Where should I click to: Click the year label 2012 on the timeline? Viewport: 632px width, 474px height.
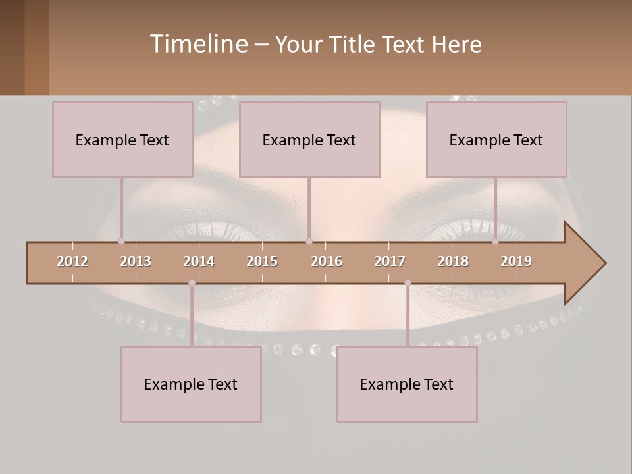point(72,261)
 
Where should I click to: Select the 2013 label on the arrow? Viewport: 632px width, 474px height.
point(136,261)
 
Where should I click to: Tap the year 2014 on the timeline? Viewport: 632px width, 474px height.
point(199,261)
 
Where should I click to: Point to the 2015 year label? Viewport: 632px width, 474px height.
point(262,261)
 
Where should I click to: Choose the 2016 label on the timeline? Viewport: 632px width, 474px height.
point(327,261)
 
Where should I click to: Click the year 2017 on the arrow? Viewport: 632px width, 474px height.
point(390,261)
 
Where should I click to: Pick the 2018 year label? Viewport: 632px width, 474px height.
point(453,261)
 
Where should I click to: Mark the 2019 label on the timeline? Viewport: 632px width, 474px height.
point(516,261)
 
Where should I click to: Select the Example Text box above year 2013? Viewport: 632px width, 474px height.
point(122,140)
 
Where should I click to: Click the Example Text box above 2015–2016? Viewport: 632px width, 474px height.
point(309,140)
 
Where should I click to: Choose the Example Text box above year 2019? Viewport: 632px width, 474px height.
point(496,140)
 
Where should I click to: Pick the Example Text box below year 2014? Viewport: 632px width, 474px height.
point(191,384)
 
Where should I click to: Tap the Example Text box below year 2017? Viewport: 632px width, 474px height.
point(407,384)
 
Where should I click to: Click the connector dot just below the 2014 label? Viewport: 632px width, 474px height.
point(192,283)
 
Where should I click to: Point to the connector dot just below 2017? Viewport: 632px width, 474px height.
point(408,283)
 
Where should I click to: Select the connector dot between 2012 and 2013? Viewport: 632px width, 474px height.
point(121,242)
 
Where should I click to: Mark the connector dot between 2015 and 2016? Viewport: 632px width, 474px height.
point(309,242)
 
